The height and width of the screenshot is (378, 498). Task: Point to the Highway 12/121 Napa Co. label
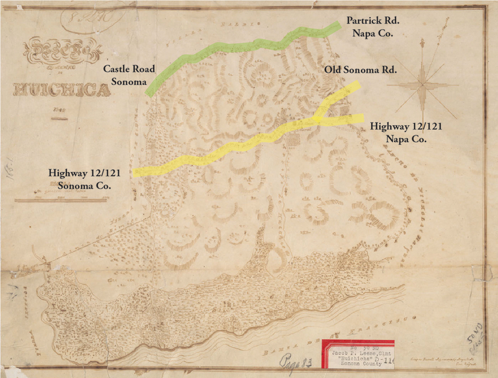(405, 132)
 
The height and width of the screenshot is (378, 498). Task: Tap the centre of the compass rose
(422, 83)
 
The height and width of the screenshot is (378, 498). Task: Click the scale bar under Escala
(62, 200)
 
